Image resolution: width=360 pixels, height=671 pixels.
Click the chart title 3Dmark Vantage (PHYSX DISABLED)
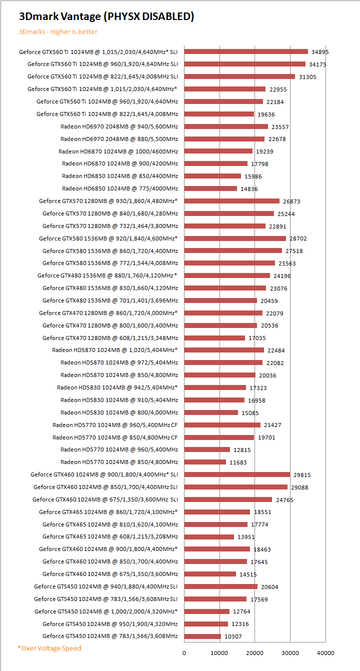(106, 16)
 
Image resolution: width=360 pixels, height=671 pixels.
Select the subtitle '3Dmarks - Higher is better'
(58, 32)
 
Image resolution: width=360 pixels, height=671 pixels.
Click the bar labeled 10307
(202, 636)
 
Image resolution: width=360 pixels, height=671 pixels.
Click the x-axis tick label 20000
(255, 652)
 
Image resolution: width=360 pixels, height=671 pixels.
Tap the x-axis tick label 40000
(325, 652)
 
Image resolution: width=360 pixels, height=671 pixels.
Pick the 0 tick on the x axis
(184, 652)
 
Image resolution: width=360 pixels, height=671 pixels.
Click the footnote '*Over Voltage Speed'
(49, 648)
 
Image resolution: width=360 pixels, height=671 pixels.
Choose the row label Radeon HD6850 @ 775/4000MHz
(120, 188)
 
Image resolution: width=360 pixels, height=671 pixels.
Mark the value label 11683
(238, 462)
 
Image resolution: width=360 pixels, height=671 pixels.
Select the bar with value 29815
(237, 474)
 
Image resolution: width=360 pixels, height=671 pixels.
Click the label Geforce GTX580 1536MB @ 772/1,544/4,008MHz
(110, 263)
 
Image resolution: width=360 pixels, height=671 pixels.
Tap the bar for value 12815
(207, 449)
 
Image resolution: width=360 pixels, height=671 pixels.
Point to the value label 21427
(272, 425)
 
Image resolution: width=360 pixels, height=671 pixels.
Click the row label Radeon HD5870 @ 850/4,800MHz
(119, 375)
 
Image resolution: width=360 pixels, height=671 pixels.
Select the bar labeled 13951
(209, 536)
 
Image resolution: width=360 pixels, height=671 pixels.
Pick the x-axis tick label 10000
(219, 652)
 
